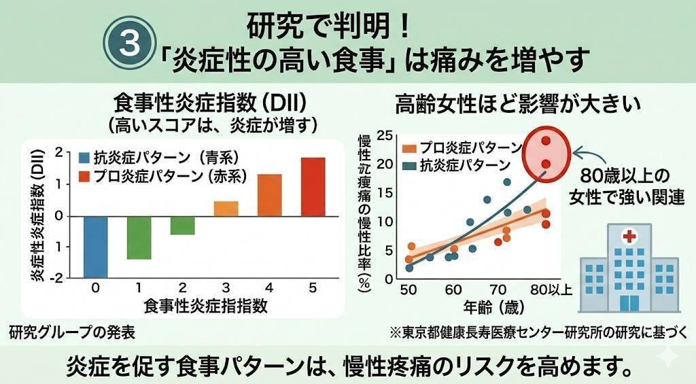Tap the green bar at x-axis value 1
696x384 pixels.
(139, 237)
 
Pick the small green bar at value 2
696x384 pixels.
(182, 225)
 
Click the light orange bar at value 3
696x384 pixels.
(226, 209)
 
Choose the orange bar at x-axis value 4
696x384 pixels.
(269, 195)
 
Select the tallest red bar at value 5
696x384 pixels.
(313, 187)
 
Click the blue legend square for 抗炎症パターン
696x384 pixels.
(85, 158)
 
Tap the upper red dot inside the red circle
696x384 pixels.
(545, 141)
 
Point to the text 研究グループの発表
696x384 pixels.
(67, 333)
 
